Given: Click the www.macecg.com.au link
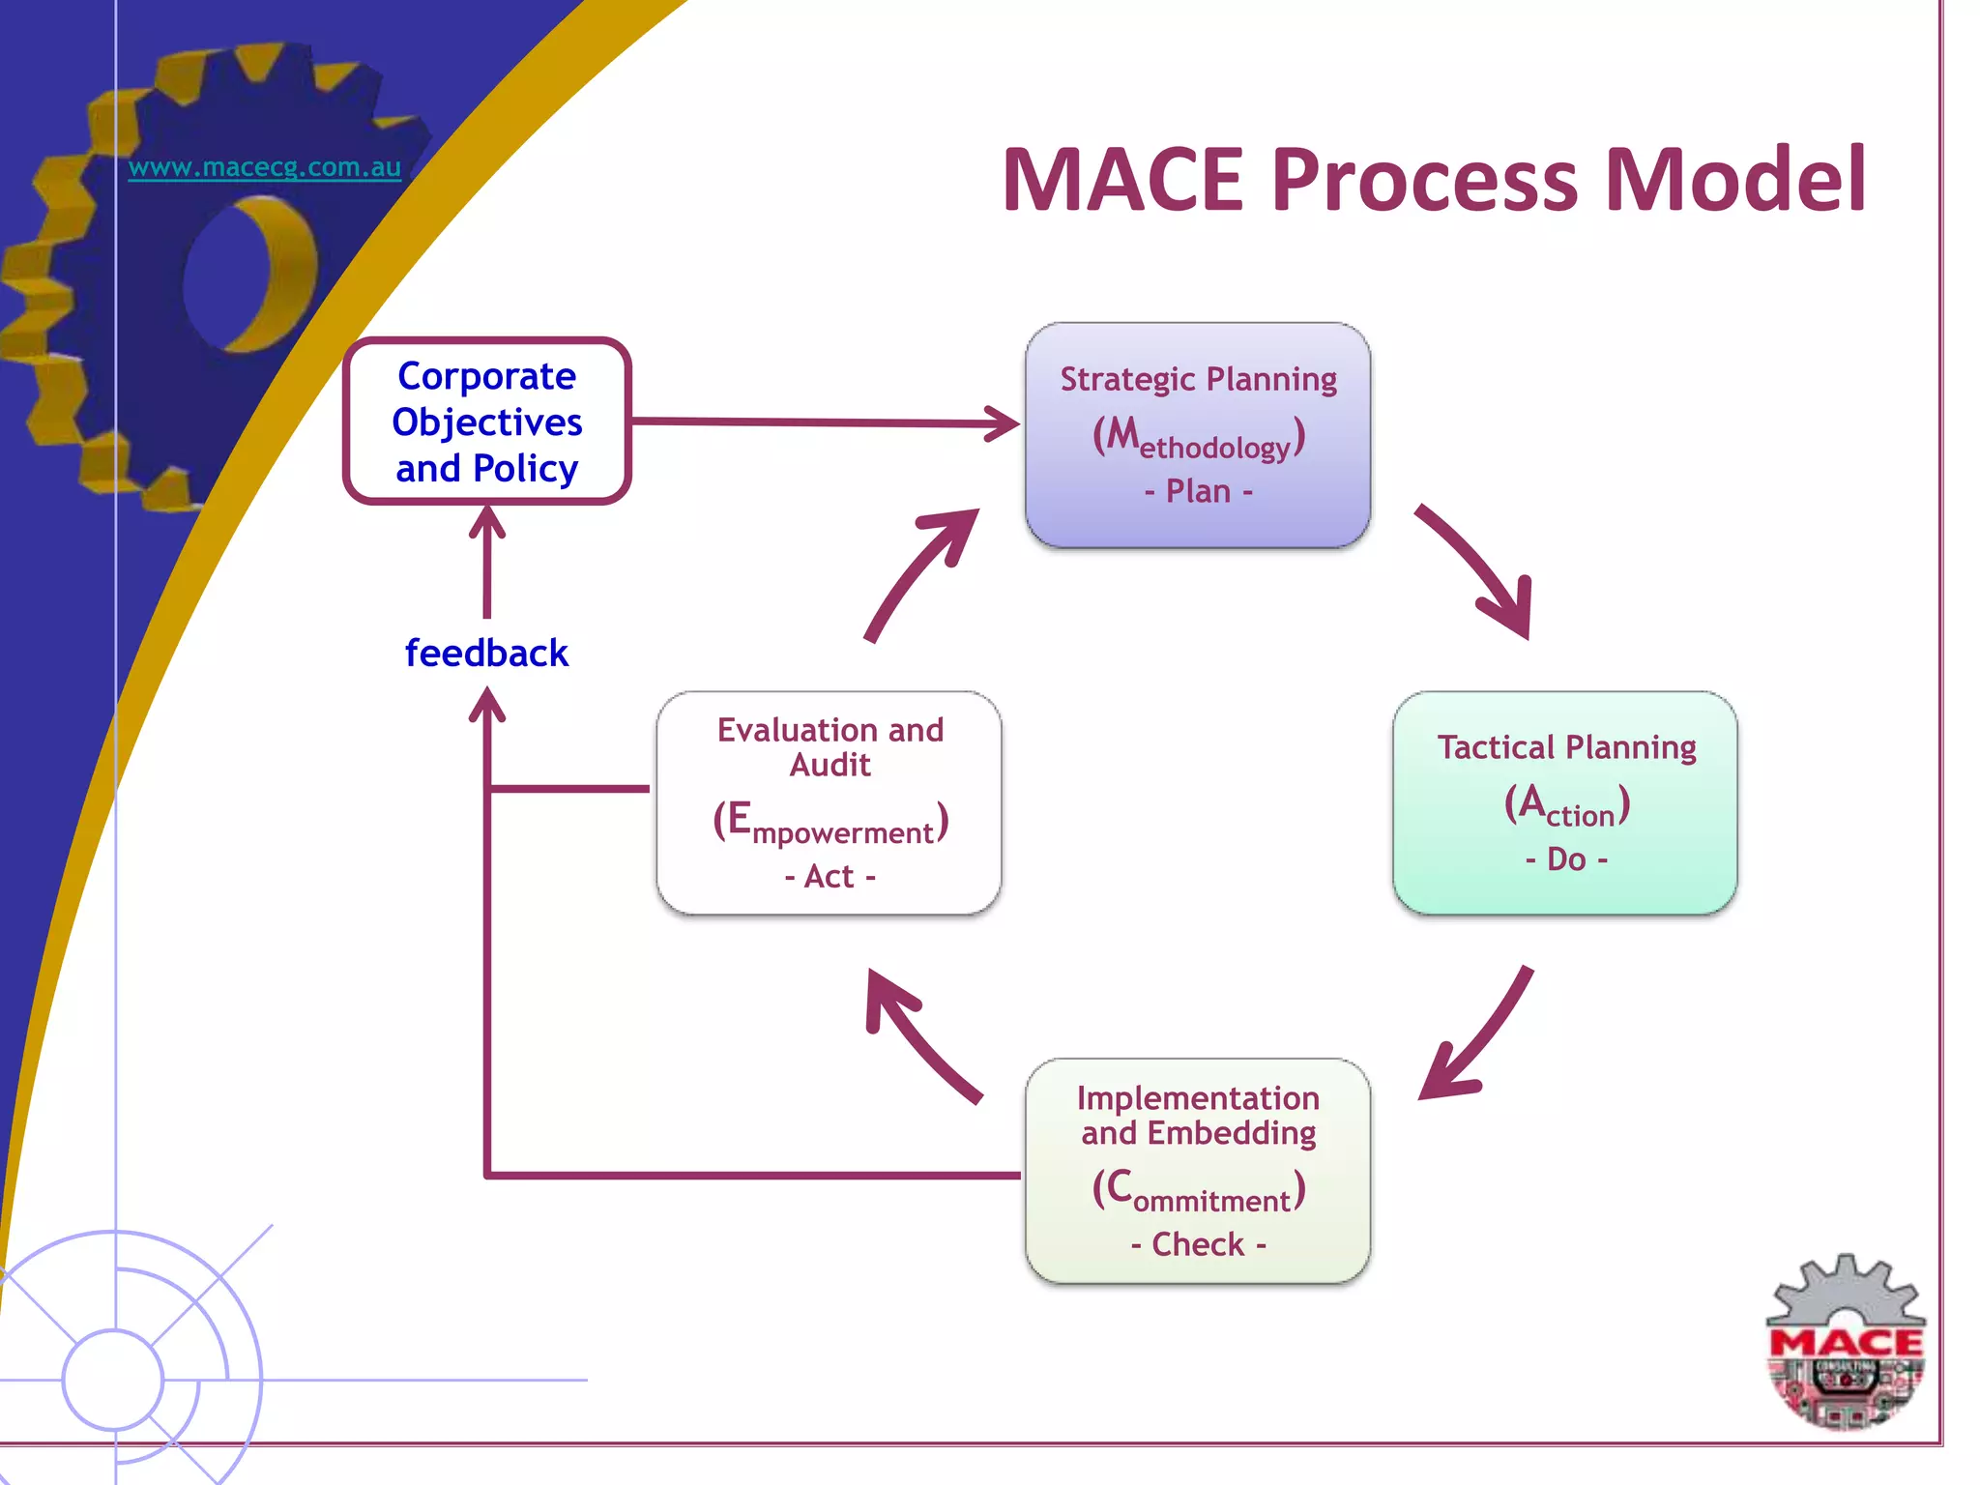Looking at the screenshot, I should pos(264,167).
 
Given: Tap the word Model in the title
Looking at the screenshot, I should pos(1735,180).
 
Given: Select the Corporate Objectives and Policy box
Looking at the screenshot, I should pos(487,422).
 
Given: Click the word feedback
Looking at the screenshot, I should pos(486,654).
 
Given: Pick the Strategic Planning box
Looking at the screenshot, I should pos(1197,434).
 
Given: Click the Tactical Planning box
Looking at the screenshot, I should pos(1564,801).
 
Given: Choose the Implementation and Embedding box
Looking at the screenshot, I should pos(1197,1170).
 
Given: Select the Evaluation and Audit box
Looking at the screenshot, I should pos(829,801).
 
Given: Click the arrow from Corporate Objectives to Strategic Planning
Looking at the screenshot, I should pos(822,422).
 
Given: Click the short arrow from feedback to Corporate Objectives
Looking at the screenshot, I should pos(486,566).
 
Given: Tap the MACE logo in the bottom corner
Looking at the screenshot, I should pos(1845,1344).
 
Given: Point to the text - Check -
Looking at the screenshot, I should pos(1198,1244).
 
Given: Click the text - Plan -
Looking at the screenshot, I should pos(1198,491).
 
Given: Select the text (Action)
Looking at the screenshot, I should pos(1566,805).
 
